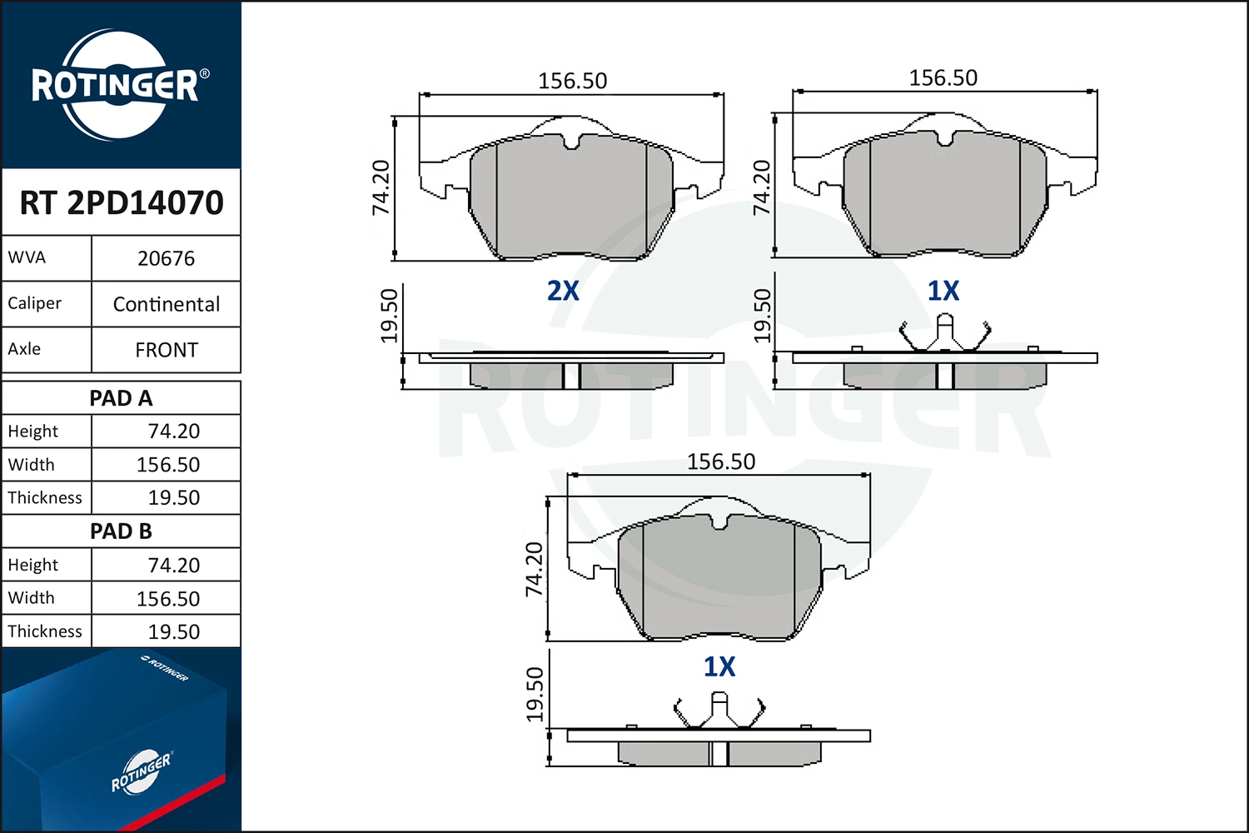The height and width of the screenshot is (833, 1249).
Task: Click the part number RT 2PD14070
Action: click(x=122, y=202)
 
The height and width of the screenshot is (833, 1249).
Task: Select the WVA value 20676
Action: click(x=167, y=258)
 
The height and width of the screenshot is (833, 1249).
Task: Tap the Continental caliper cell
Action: click(x=167, y=304)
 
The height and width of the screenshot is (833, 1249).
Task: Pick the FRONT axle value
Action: click(x=167, y=350)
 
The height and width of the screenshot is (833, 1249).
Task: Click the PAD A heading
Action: click(x=121, y=398)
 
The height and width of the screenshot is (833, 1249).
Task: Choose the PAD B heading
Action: click(x=121, y=531)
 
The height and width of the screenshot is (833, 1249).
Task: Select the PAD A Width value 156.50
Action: click(x=168, y=464)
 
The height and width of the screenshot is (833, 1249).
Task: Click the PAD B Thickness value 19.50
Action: click(x=173, y=631)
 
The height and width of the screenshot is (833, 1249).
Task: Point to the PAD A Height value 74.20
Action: click(x=173, y=431)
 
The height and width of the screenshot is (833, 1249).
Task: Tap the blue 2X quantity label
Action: click(x=563, y=291)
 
